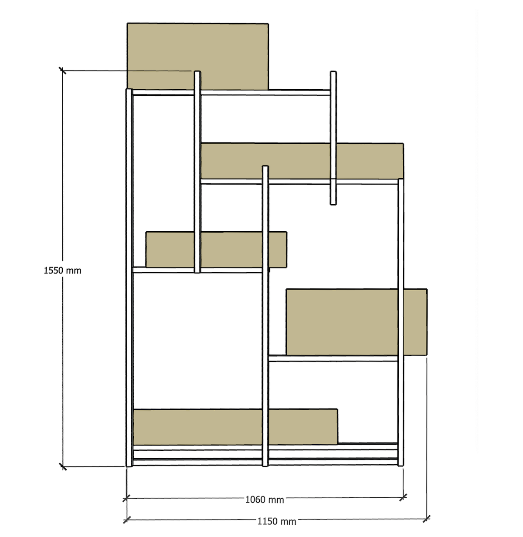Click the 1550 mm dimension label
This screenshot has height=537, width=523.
point(63,270)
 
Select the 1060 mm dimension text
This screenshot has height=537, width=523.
point(265,500)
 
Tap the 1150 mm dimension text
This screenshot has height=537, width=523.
point(277,521)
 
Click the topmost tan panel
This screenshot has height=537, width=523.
point(198,56)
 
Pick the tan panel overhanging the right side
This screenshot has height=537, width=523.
point(357,322)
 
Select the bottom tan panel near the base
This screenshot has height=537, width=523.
point(235,427)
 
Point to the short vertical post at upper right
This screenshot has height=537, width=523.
point(333,138)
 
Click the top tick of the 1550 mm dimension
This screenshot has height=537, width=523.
point(62,71)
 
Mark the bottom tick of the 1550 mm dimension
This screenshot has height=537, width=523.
point(63,466)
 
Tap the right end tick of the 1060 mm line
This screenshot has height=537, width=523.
point(403,497)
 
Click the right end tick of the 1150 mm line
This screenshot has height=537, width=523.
point(427,519)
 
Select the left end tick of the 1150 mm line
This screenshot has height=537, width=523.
point(127,520)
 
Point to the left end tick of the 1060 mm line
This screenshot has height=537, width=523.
point(126,498)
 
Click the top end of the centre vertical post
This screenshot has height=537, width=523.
point(265,166)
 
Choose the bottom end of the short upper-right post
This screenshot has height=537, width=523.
point(333,204)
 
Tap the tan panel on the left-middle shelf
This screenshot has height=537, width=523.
point(216,250)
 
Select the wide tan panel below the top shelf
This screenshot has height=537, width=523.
point(302,161)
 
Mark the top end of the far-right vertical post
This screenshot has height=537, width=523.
point(401,179)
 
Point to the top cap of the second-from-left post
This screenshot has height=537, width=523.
point(197,72)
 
